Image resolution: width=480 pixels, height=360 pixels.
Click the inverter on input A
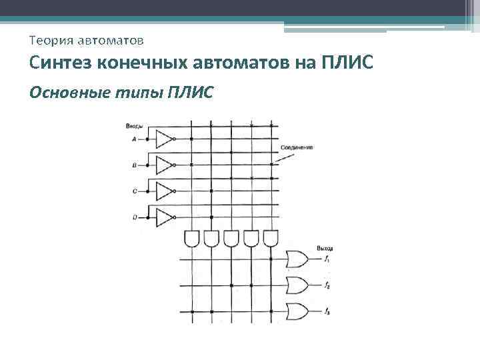tap(164, 139)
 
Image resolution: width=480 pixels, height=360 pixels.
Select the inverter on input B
tap(164, 164)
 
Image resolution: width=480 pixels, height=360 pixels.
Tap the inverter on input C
tap(164, 191)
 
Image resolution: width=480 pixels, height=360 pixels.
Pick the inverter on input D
tap(164, 217)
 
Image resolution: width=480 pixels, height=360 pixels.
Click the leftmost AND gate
tap(191, 238)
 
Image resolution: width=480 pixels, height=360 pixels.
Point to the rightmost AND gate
tap(271, 238)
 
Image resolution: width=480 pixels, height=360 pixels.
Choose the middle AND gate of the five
tap(231, 238)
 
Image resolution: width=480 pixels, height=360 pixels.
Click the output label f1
tap(328, 259)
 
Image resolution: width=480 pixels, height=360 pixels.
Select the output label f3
tap(328, 312)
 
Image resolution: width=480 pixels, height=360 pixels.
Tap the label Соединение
tap(296, 147)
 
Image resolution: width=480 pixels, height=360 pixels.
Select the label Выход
tap(325, 247)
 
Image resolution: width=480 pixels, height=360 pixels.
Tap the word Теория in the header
tap(52, 41)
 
